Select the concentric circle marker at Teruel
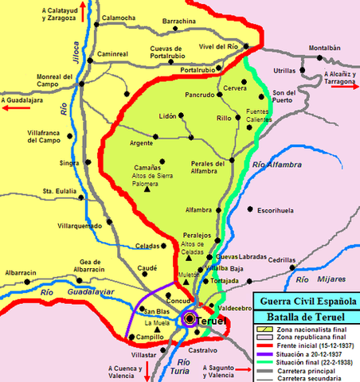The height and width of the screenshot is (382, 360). [x=191, y=320]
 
